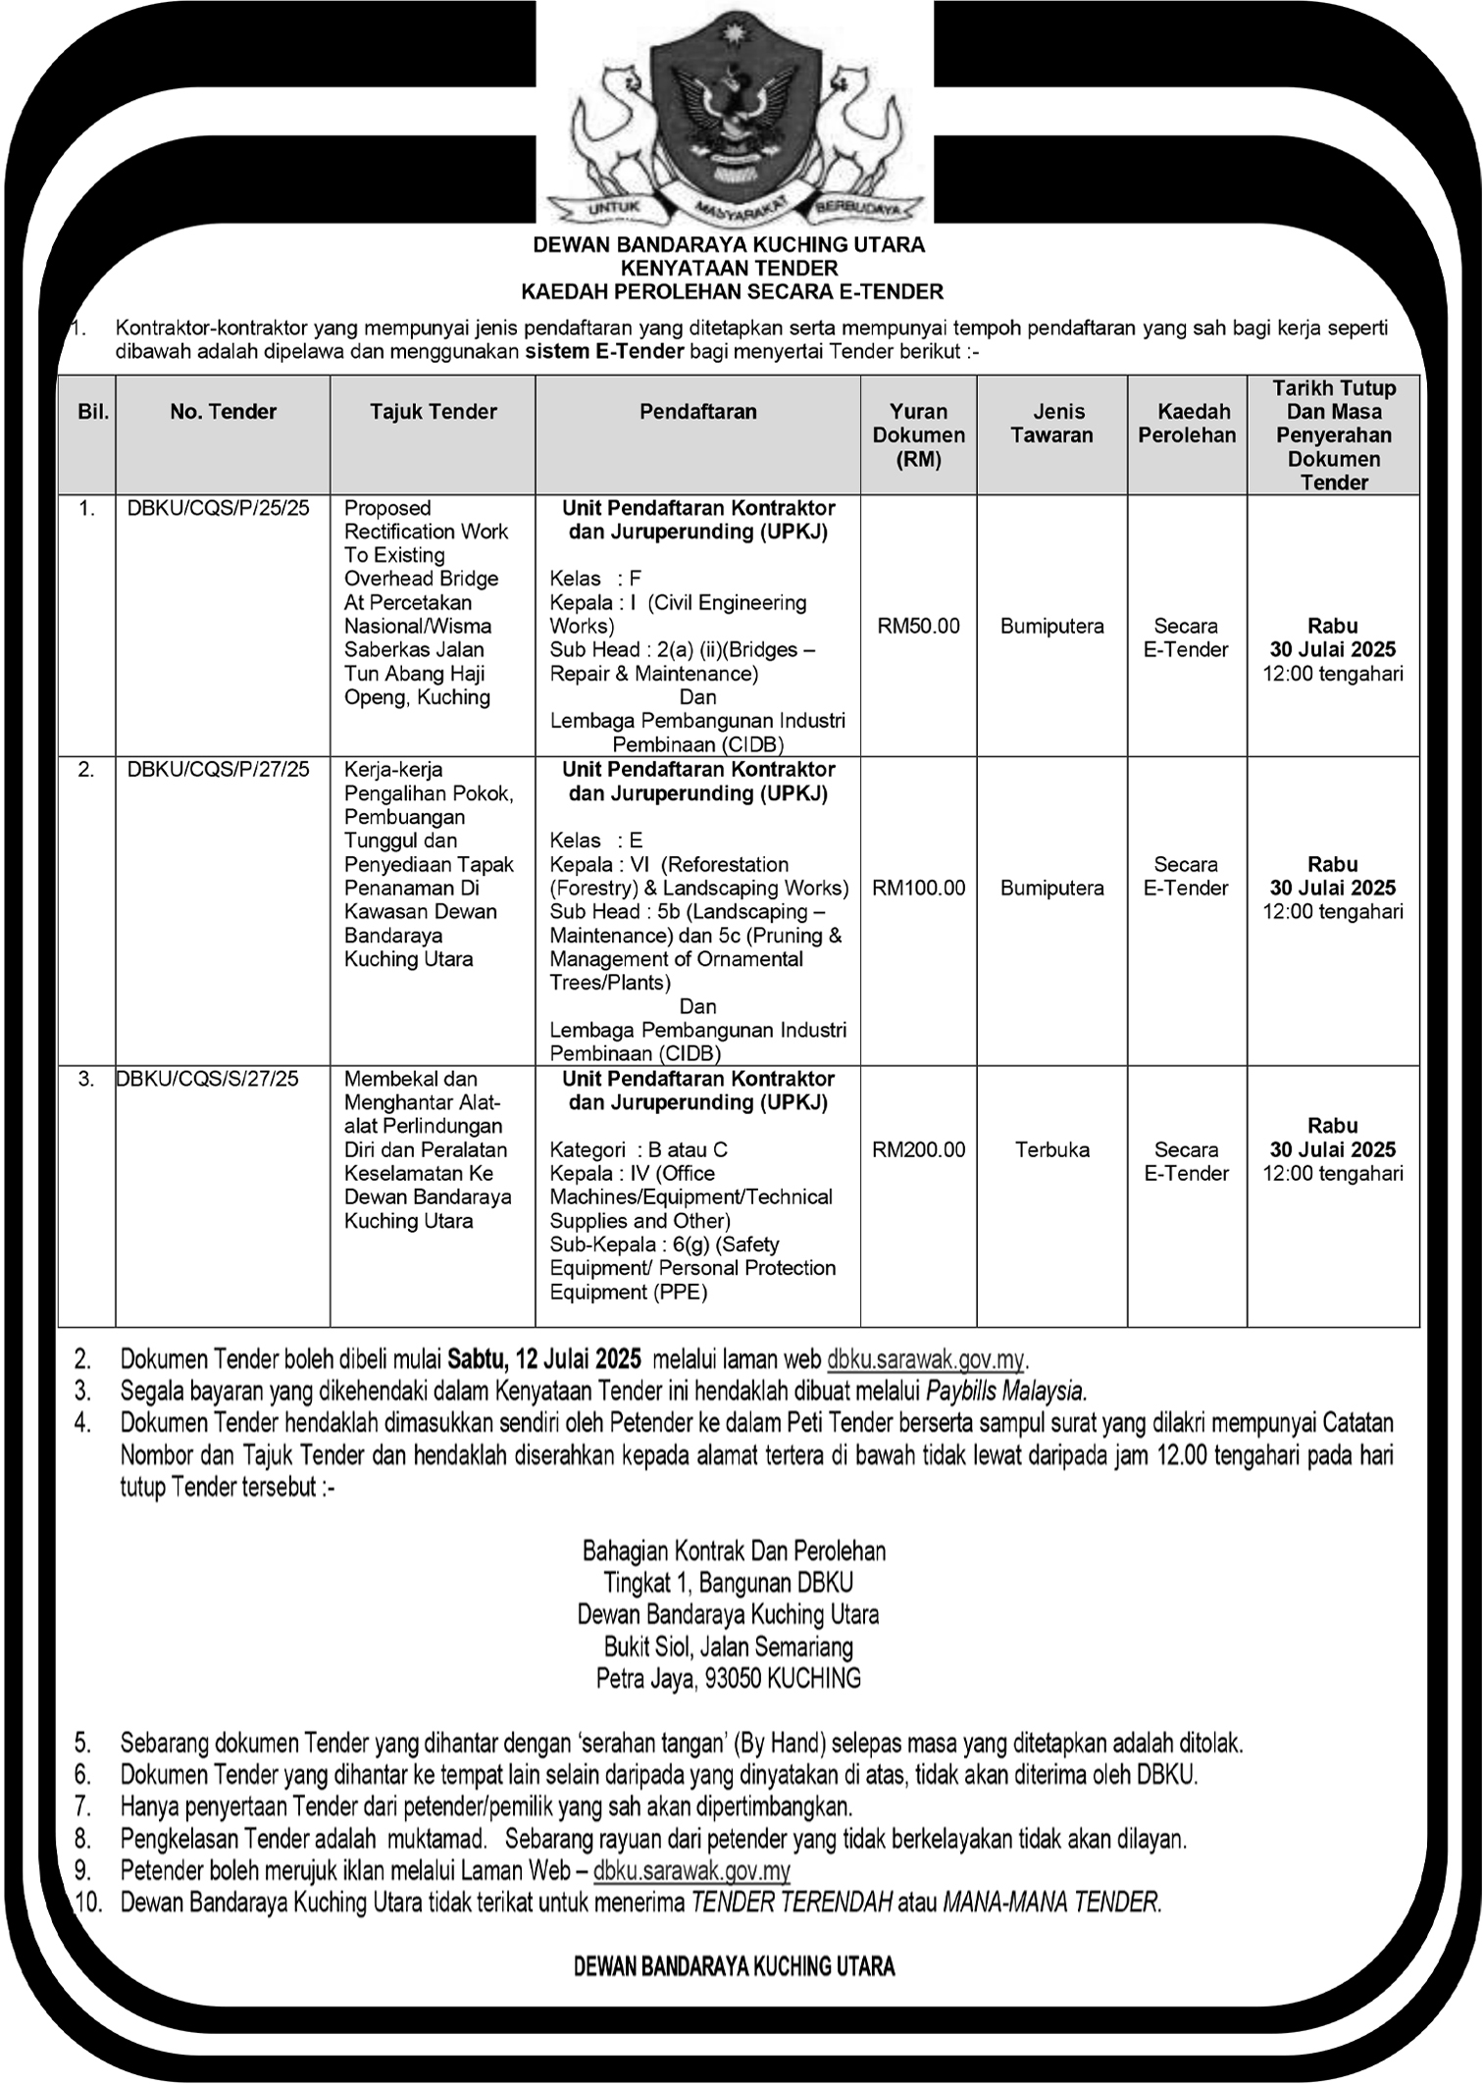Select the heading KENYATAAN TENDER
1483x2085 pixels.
coord(729,268)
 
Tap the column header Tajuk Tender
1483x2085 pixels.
coord(434,412)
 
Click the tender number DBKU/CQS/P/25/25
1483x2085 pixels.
coord(219,508)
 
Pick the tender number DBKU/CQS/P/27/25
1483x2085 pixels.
coord(219,770)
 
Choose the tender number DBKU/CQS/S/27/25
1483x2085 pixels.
coord(207,1079)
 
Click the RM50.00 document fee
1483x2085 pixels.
coord(918,626)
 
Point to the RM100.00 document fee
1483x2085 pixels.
coord(918,888)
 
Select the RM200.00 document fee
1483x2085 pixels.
coord(918,1149)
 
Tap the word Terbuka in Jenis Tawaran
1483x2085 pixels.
coord(1052,1149)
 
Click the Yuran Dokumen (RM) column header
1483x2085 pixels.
coord(919,435)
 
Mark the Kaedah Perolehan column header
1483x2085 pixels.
coord(1187,424)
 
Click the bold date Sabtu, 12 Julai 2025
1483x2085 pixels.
coord(544,1359)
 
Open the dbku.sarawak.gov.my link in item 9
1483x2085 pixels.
coord(691,1871)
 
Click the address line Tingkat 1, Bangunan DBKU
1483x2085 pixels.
coord(729,1583)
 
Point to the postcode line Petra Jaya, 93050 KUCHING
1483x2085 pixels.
coord(729,1678)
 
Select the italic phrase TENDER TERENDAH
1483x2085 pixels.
coord(792,1903)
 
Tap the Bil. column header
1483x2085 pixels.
coord(93,412)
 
